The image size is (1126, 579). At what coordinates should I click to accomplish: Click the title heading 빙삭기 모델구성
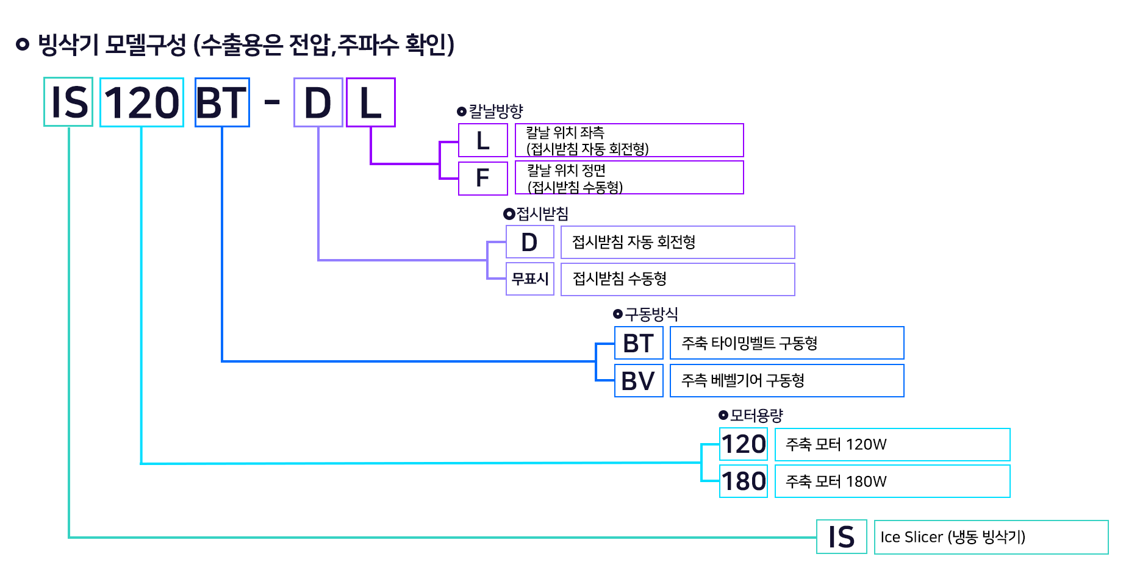[x=235, y=44]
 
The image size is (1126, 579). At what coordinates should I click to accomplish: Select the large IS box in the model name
[x=68, y=102]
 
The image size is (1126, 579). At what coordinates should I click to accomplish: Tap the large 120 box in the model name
[x=142, y=102]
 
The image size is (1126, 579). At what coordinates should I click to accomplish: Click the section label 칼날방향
[x=495, y=111]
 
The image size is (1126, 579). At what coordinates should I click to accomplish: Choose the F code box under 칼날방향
[x=482, y=178]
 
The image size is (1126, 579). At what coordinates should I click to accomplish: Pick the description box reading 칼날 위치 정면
[x=629, y=177]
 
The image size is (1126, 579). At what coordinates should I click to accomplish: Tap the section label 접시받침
[x=542, y=213]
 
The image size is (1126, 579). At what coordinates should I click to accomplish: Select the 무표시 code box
[x=529, y=279]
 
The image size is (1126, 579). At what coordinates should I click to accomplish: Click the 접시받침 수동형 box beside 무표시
[x=677, y=279]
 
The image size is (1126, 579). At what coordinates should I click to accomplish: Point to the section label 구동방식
[x=651, y=314]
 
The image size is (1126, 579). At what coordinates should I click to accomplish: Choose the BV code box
[x=638, y=381]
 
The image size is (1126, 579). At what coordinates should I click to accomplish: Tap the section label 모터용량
[x=756, y=415]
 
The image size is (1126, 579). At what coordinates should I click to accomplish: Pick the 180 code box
[x=743, y=481]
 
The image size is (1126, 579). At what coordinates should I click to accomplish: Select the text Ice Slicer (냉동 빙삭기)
[x=953, y=537]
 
